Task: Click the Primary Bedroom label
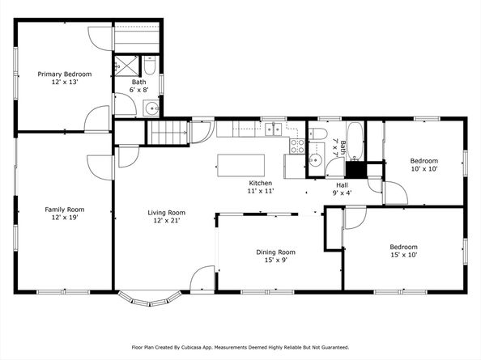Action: coord(65,74)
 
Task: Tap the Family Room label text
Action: coord(65,210)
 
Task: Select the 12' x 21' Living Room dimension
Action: coord(167,220)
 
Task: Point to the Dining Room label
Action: coord(276,252)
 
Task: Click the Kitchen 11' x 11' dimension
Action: coord(261,191)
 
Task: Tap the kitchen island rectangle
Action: coord(240,166)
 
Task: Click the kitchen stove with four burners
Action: coord(297,146)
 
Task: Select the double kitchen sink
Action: coord(274,129)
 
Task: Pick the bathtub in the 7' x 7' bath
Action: coord(355,142)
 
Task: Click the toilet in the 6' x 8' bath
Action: coord(150,66)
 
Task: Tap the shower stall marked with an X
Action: coord(127,66)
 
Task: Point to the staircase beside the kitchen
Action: coord(168,133)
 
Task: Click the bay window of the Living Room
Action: coord(150,299)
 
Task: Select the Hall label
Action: coord(342,185)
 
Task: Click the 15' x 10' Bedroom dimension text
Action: coord(404,255)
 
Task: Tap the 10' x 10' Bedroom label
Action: coord(424,161)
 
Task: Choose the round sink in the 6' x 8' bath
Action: coord(152,108)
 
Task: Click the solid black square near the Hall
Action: coord(356,170)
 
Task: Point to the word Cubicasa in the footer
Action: coord(190,347)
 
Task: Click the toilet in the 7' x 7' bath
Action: coord(317,133)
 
